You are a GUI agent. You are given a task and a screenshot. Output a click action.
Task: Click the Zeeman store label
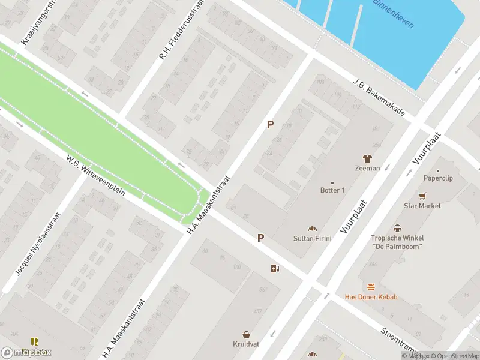[x=367, y=168]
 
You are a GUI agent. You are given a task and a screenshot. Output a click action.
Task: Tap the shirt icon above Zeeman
[x=367, y=157]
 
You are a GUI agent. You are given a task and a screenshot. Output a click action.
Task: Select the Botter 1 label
[x=332, y=190]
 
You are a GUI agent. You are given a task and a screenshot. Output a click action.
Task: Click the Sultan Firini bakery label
[x=312, y=238]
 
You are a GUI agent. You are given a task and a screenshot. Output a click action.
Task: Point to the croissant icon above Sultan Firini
[x=312, y=228]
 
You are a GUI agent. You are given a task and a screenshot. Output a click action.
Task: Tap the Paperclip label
[x=437, y=178]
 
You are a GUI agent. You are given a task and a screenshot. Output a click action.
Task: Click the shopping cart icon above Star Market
[x=422, y=196]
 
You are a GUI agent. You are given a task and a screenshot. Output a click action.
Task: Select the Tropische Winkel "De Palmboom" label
[x=397, y=242]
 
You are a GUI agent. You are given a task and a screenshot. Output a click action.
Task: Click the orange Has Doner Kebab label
[x=371, y=297]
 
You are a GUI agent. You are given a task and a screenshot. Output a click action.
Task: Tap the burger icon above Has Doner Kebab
[x=371, y=287]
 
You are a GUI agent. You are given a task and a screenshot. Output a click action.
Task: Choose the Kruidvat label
[x=246, y=344]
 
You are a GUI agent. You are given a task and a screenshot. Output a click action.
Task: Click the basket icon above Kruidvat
[x=246, y=334]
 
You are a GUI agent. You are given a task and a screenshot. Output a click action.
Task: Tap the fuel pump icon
[x=275, y=268]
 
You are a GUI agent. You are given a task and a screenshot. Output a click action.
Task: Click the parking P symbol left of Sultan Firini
[x=260, y=238]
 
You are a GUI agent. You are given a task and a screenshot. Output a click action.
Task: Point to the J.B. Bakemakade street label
[x=379, y=97]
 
